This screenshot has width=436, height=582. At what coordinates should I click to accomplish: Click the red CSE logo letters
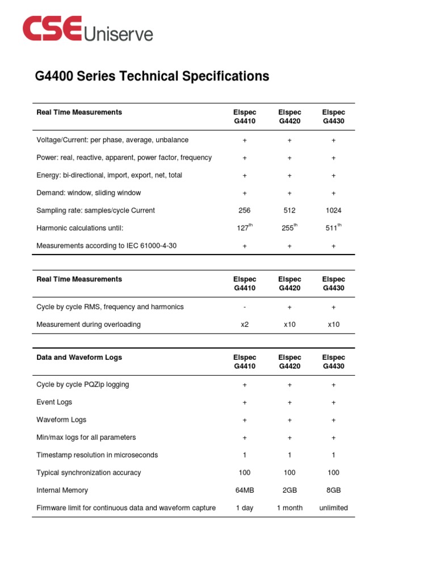52,30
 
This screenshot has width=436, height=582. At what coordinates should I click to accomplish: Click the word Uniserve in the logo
118,34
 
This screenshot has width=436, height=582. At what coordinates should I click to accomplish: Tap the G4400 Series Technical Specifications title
152,76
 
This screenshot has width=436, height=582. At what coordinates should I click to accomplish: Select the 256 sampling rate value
244,210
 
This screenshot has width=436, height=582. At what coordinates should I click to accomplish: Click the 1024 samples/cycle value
333,210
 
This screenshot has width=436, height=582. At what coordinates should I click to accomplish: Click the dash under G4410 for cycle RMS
244,307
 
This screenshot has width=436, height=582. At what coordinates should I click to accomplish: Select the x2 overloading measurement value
244,325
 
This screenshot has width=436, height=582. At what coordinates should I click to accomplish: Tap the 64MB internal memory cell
244,490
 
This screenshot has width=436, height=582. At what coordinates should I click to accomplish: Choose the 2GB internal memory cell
289,490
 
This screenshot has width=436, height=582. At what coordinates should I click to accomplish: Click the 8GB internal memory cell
333,490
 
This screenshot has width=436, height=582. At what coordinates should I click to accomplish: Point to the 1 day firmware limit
244,508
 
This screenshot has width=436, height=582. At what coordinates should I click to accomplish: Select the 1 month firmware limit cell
289,508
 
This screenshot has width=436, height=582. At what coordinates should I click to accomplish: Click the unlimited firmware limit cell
333,508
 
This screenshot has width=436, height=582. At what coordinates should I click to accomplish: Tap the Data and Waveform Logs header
79,357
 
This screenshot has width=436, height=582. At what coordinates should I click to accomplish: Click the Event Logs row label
54,402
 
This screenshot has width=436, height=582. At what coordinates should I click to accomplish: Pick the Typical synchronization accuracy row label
89,473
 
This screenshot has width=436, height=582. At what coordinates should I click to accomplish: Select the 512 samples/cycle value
289,210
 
